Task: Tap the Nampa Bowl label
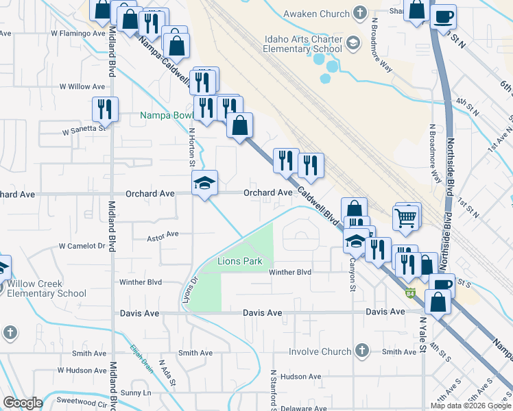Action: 165,115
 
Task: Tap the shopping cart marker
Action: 407,219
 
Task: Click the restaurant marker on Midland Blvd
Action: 105,108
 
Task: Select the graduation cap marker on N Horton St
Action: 204,184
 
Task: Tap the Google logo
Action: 23,403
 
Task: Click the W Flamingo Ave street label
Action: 78,33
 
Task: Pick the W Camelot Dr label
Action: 82,245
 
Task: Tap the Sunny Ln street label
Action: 136,393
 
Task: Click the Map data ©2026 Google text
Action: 470,406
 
